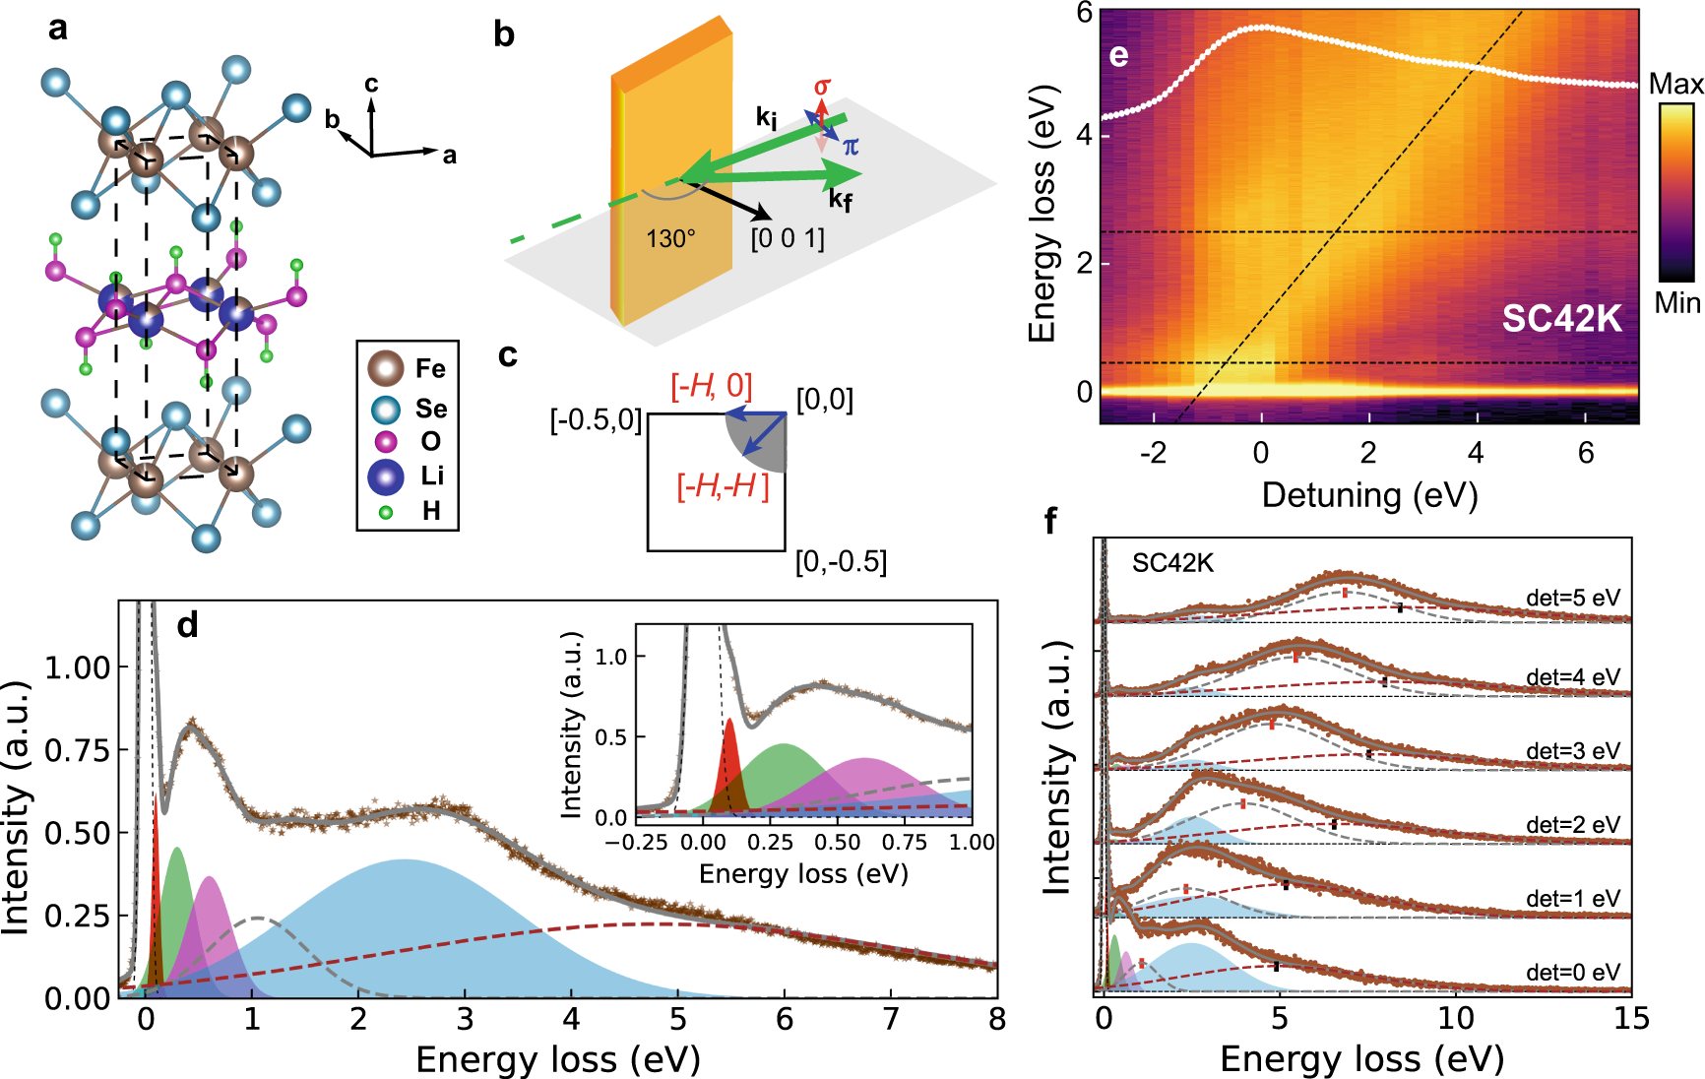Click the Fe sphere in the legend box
[385, 367]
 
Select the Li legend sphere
[385, 476]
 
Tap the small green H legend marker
[386, 512]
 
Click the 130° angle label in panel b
[670, 239]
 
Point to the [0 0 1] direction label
[787, 239]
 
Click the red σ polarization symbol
[822, 88]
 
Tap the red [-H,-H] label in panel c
[723, 486]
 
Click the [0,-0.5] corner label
[841, 562]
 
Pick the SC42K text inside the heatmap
[1561, 318]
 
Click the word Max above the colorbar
[1675, 85]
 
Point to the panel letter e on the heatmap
[1118, 55]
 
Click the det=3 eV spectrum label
[1572, 751]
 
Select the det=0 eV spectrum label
[1572, 973]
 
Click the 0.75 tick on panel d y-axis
[78, 751]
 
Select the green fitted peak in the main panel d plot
[177, 916]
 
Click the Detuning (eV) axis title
[1369, 495]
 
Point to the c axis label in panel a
[371, 85]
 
